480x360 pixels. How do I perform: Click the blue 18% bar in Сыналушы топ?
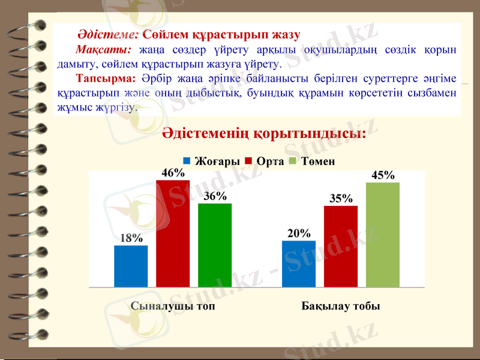pos(131,266)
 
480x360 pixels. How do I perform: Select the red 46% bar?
pos(173,233)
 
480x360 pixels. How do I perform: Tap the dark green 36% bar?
pos(215,245)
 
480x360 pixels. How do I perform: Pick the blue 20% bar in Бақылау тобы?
pos(299,263)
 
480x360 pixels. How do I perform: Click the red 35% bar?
pos(341,246)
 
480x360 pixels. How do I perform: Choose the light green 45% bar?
pos(383,235)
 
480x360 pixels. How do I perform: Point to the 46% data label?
pos(173,173)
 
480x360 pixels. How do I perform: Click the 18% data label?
pos(131,238)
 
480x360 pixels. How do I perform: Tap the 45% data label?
pos(383,175)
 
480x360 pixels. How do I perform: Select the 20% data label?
pos(299,233)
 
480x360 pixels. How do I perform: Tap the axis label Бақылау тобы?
pos(341,306)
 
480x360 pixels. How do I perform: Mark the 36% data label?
pos(215,196)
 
